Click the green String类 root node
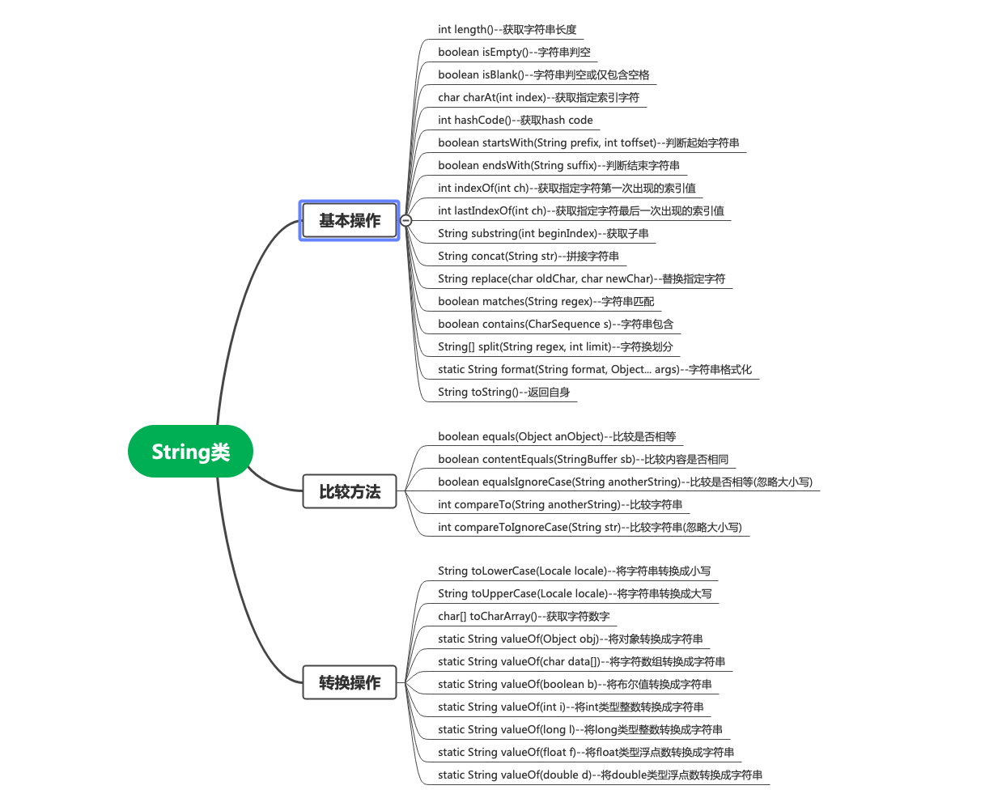[x=190, y=452]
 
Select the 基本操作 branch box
[x=350, y=220]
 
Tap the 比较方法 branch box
[x=350, y=491]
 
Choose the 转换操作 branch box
[x=350, y=682]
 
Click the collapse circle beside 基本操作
[x=406, y=220]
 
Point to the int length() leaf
[x=507, y=30]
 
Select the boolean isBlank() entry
[x=543, y=75]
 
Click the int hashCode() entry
[x=515, y=121]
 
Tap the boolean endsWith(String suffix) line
[x=558, y=166]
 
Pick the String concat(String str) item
[x=528, y=257]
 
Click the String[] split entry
[x=555, y=347]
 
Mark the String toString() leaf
[x=503, y=393]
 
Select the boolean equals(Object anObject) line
[x=557, y=437]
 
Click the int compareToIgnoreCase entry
[x=589, y=528]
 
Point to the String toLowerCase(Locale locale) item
[x=574, y=571]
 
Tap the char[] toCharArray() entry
[x=524, y=617]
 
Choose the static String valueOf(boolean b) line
[x=575, y=685]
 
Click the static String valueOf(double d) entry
[x=600, y=775]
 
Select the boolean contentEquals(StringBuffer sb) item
[x=583, y=460]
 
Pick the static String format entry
[x=594, y=370]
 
